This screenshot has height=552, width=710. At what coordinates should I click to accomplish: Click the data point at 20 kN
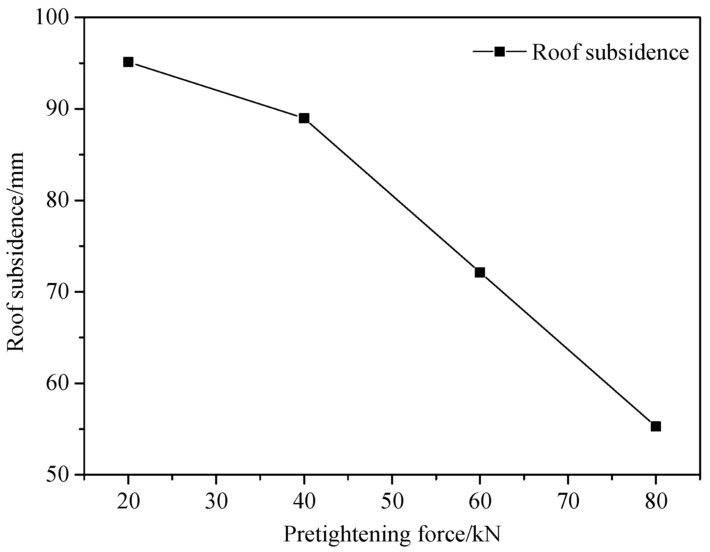point(128,62)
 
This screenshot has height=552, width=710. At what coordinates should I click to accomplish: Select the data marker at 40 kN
point(304,119)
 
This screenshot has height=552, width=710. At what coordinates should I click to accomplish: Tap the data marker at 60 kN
point(480,272)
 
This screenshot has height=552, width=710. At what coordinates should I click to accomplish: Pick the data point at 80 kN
point(656,426)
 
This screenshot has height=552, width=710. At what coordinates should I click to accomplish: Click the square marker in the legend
point(499,52)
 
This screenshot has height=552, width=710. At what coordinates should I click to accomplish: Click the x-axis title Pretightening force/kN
point(392,535)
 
